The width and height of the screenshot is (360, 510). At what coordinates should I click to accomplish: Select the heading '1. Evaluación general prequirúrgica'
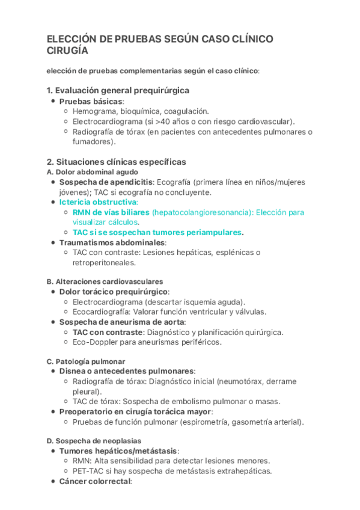118,90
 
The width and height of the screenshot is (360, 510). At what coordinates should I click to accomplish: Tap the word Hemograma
94,111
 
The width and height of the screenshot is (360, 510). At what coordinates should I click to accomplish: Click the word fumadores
92,142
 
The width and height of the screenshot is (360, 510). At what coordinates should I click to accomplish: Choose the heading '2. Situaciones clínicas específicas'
116,162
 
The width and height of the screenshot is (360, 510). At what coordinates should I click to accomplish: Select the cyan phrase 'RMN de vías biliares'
111,212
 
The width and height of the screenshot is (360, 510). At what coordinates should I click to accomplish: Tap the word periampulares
213,232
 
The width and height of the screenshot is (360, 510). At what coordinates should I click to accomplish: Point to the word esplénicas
224,253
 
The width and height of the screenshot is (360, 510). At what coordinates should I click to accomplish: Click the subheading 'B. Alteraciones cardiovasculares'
105,281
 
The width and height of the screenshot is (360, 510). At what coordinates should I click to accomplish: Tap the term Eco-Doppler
96,342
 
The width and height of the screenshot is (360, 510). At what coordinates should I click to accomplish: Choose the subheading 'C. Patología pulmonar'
86,361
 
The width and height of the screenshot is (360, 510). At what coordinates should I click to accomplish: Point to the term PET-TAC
88,471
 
